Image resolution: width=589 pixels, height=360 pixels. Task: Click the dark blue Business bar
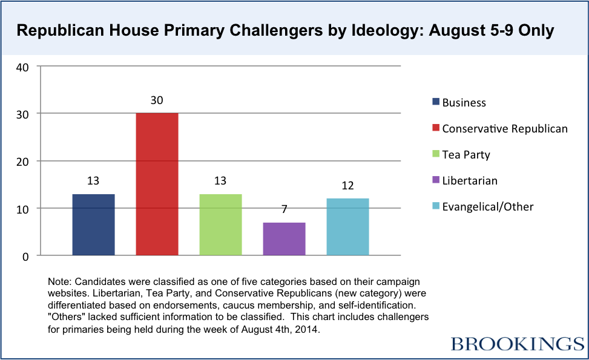click(93, 224)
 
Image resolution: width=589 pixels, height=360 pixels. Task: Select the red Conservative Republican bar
click(157, 184)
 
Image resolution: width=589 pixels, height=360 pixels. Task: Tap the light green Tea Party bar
click(220, 224)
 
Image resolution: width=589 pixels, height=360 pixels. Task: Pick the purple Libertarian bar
click(284, 239)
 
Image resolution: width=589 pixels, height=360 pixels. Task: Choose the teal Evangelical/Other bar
click(347, 227)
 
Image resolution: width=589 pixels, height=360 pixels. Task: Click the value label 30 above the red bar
click(157, 100)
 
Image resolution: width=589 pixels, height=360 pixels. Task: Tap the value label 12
click(347, 186)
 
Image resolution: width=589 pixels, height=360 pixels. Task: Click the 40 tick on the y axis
click(22, 67)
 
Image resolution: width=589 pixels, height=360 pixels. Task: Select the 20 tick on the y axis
click(22, 162)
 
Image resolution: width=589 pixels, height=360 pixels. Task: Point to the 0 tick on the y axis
click(25, 257)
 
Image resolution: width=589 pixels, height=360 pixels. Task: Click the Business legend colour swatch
click(436, 102)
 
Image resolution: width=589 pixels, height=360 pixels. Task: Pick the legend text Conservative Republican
click(505, 128)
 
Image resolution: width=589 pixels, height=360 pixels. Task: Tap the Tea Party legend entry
click(466, 154)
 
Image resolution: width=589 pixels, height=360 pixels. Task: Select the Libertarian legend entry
click(470, 180)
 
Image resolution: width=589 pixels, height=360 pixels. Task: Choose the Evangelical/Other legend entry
click(488, 206)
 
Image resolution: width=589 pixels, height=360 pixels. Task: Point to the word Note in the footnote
click(58, 283)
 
